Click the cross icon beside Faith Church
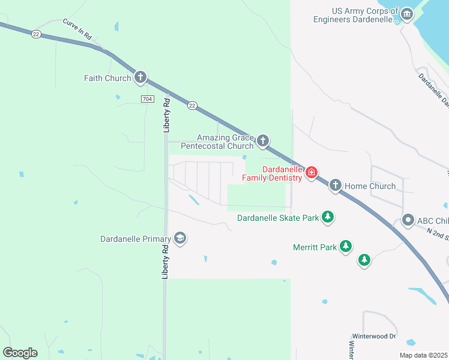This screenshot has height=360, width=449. coord(140,77)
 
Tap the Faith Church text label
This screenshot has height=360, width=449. coord(107,78)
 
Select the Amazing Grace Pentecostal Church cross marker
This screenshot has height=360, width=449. coord(262,142)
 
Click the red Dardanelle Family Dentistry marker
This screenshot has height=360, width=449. coord(311,173)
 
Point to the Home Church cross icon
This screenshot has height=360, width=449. coord(335,186)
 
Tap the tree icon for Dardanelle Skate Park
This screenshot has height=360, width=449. coord(327,217)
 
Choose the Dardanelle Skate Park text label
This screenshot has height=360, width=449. coord(278,218)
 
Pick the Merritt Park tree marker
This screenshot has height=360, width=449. coord(345,246)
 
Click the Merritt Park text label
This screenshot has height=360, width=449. coord(315,247)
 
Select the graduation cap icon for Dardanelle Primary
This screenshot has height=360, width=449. coord(179,239)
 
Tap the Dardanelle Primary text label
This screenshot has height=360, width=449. coord(136,239)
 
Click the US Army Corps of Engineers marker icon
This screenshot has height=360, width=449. coord(407,14)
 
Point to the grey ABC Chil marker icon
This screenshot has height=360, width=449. coord(408,220)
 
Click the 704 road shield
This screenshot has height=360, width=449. coord(147,98)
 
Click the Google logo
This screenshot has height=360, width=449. coord(20,353)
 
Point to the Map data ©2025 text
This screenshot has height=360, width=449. coord(423,355)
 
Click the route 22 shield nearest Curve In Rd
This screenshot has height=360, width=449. coord(36,34)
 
